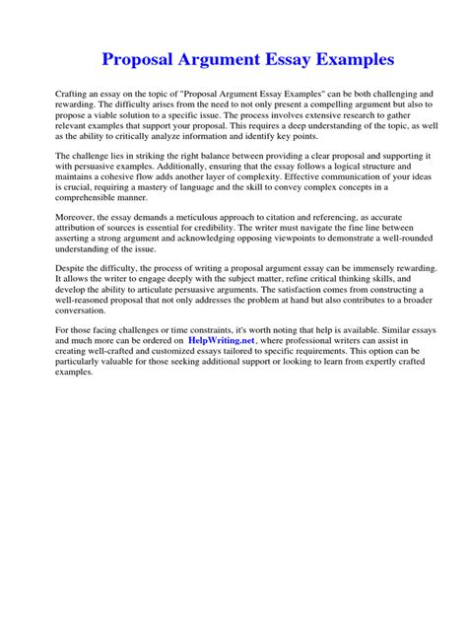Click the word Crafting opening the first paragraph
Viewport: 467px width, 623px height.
pyautogui.click(x=73, y=91)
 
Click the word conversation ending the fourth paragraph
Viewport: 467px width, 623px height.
pyautogui.click(x=85, y=328)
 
